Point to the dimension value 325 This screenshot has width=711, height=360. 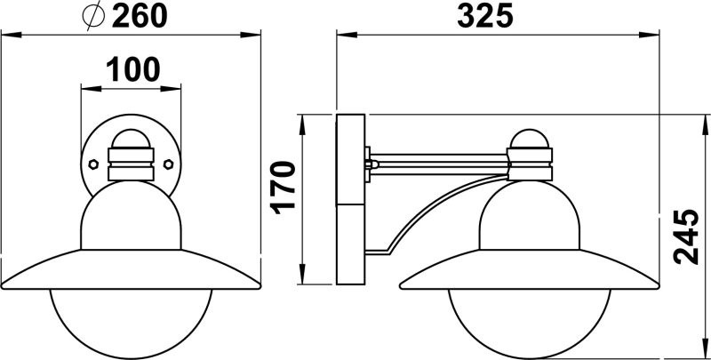488,17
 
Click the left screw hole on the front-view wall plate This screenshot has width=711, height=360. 93,164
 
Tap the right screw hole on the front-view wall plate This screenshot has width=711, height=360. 169,164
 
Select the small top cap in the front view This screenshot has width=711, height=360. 131,142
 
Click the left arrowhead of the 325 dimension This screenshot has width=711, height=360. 341,36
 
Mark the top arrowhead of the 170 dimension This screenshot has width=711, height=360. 304,119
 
